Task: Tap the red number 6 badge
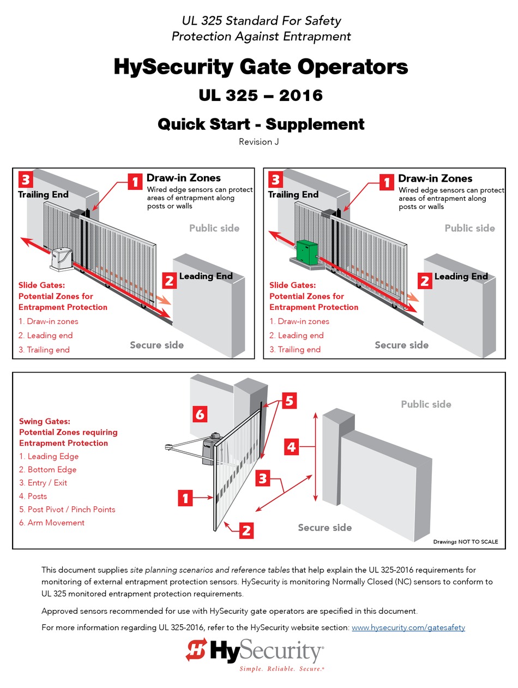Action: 200,415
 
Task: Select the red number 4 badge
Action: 292,447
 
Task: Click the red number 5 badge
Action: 289,401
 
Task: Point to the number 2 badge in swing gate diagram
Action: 246,530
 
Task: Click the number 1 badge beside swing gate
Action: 185,498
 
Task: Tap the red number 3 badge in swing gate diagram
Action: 263,478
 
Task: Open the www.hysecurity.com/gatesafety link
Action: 408,627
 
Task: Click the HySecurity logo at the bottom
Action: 255,653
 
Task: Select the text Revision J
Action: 259,142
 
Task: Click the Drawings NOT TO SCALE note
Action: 465,542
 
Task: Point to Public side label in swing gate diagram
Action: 426,404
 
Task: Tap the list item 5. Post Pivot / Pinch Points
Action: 67,509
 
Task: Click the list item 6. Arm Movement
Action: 52,523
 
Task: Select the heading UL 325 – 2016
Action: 260,95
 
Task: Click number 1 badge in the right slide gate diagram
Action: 387,182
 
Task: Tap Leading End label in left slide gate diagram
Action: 206,276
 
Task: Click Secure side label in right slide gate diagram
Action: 401,345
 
